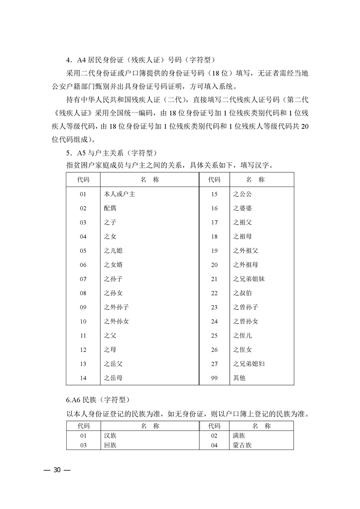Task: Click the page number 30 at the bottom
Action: (x=57, y=470)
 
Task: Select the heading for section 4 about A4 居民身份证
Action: (x=140, y=59)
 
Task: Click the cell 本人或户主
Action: (x=119, y=194)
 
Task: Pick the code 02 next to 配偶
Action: (x=83, y=208)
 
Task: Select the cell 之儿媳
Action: (x=113, y=250)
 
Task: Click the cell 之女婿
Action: (x=113, y=265)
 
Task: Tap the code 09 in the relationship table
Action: (x=83, y=307)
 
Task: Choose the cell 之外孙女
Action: (x=116, y=321)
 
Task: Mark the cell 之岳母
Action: (x=113, y=377)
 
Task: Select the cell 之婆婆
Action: (x=242, y=208)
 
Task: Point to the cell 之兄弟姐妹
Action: (x=249, y=279)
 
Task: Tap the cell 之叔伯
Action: (x=242, y=293)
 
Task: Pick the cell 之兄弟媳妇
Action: (x=249, y=363)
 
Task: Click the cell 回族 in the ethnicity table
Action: (x=110, y=445)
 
